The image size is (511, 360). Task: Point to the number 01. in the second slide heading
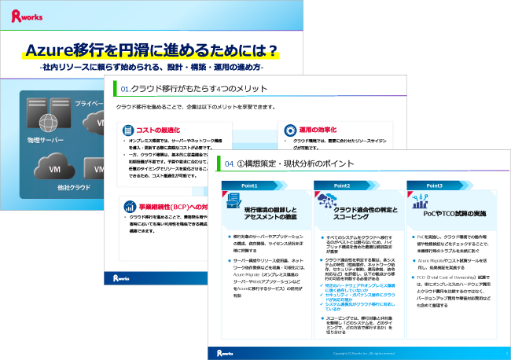(124, 87)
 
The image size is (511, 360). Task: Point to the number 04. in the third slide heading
(230, 164)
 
